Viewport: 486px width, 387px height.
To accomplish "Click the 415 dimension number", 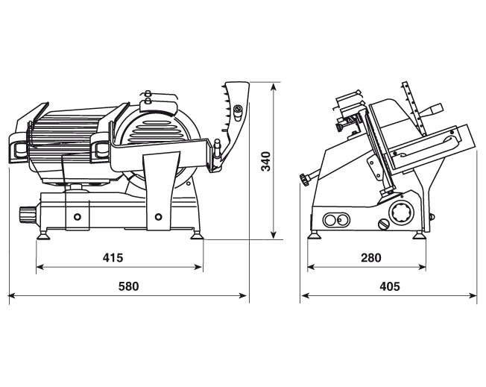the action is point(113,257).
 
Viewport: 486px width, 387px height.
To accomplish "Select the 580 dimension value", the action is point(129,286).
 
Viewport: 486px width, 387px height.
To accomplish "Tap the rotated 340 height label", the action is point(266,161).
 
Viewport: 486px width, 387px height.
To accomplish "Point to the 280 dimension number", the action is point(371,257).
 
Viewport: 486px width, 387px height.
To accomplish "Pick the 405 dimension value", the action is point(390,286).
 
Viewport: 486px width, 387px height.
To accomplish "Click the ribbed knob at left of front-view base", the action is point(28,214).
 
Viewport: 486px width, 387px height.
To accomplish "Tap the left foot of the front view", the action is point(43,236).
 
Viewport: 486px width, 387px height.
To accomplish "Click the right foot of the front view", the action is point(197,236).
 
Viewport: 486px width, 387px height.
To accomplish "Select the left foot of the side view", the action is point(315,235).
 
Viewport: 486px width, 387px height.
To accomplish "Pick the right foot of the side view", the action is point(420,235).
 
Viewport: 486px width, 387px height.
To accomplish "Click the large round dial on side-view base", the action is point(401,213).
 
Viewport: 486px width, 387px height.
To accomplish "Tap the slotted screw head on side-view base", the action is point(384,224).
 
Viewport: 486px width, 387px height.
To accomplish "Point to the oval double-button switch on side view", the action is point(336,220).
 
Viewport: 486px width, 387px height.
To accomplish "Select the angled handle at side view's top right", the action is point(433,110).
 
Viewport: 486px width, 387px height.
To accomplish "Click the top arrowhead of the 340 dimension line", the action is point(273,86).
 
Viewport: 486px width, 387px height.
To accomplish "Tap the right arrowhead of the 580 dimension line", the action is point(243,295).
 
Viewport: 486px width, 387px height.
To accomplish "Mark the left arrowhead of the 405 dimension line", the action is point(306,295).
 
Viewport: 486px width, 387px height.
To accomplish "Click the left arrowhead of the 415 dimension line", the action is point(40,267).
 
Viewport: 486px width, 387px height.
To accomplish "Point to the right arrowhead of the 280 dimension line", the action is point(422,267).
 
